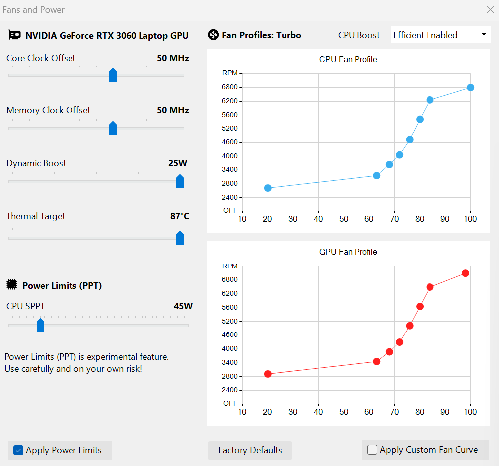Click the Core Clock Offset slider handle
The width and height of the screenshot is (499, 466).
pos(113,75)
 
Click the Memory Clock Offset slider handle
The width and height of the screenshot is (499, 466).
pos(113,128)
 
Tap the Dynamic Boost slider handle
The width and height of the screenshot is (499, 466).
pos(180,181)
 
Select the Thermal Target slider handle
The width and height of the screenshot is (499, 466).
pos(180,238)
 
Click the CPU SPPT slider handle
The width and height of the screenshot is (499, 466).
pos(41,325)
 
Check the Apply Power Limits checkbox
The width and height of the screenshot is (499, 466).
pos(18,450)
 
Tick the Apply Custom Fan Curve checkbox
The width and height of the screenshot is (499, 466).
pos(372,450)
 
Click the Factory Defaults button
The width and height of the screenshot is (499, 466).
pos(250,450)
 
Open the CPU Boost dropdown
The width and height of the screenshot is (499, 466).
pos(440,35)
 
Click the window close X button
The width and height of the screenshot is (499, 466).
pos(490,9)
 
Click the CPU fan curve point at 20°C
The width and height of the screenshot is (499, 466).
pos(268,188)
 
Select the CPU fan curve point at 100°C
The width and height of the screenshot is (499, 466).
pos(470,88)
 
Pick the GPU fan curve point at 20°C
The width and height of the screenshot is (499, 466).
pos(268,374)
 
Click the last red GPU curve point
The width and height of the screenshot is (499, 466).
pos(465,273)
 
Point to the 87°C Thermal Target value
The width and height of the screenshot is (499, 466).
pos(179,216)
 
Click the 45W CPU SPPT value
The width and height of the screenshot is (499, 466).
pos(183,306)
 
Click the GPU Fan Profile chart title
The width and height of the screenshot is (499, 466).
pos(348,252)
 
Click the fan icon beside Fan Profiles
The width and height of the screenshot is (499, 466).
pos(213,35)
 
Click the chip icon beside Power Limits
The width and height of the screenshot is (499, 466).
pos(12,285)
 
